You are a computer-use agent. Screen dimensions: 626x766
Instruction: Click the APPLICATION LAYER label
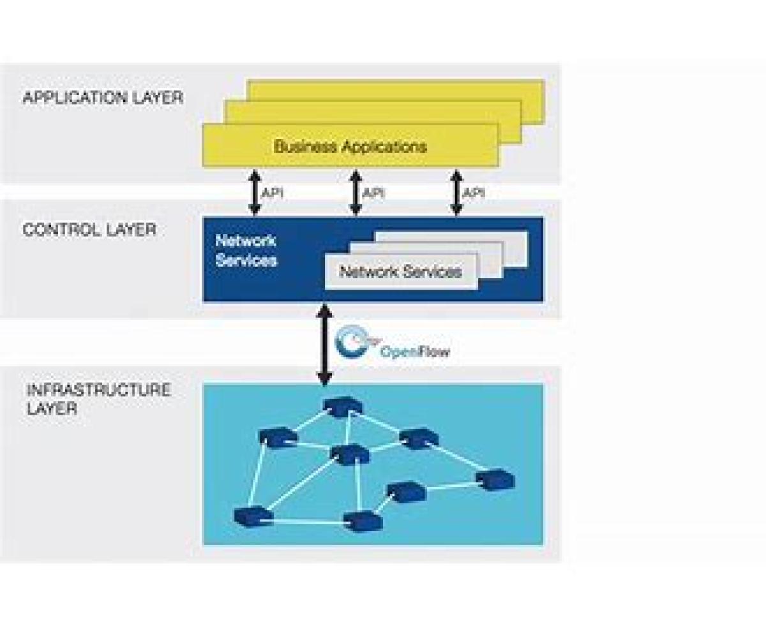103,98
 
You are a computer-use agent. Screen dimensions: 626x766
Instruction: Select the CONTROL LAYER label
89,230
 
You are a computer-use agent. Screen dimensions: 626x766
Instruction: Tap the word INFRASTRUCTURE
98,390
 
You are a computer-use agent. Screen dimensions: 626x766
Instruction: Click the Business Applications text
350,146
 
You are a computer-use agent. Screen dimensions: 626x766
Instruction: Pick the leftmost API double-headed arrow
254,192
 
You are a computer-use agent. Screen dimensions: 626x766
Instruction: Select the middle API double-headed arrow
355,192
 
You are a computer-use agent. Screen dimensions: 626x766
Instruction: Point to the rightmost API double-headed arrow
456,192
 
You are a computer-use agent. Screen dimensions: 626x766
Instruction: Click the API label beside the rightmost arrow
474,192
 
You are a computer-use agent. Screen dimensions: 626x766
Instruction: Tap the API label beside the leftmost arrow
273,192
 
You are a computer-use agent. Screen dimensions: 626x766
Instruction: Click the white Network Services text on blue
246,251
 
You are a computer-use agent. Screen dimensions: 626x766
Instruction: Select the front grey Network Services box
401,272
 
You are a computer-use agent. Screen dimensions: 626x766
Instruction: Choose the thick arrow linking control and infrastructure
325,345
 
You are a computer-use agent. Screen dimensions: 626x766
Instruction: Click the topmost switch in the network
342,405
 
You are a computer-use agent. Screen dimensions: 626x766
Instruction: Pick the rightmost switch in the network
495,479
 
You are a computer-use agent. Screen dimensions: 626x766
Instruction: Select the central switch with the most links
350,454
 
